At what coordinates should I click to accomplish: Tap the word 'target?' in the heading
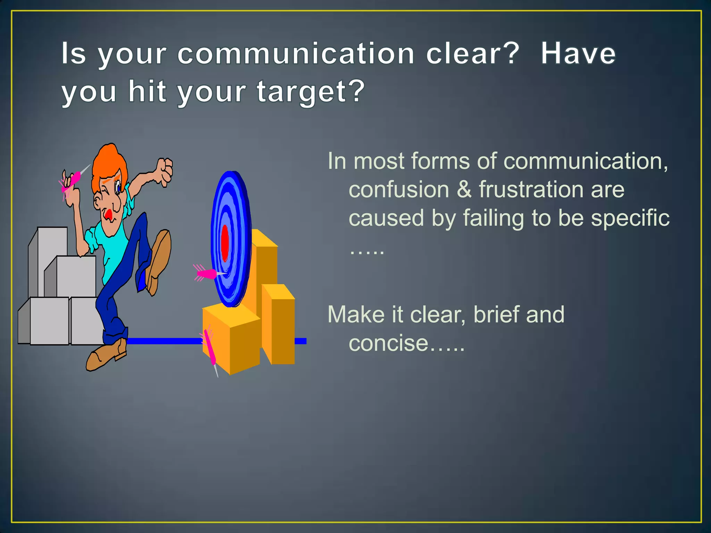311,92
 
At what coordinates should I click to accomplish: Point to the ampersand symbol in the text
464,190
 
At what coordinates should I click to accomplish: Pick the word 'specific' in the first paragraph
630,218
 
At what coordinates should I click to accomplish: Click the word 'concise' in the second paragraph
388,343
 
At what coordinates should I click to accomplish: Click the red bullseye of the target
225,243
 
